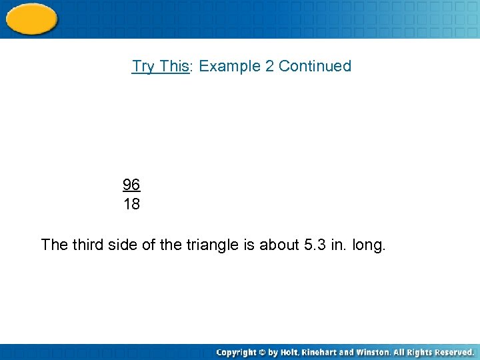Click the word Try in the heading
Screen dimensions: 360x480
[x=143, y=66]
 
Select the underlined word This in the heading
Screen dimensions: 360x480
[x=175, y=66]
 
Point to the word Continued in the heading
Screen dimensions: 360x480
[x=315, y=66]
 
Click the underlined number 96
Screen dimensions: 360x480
[x=131, y=184]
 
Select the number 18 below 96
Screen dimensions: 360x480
[x=131, y=204]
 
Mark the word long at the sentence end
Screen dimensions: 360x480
[x=369, y=245]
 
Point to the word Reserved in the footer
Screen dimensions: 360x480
[x=453, y=351]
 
